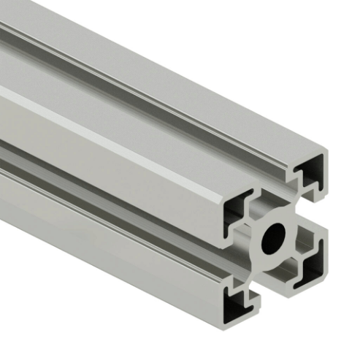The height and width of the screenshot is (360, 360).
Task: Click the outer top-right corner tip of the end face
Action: pyautogui.click(x=326, y=155)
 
